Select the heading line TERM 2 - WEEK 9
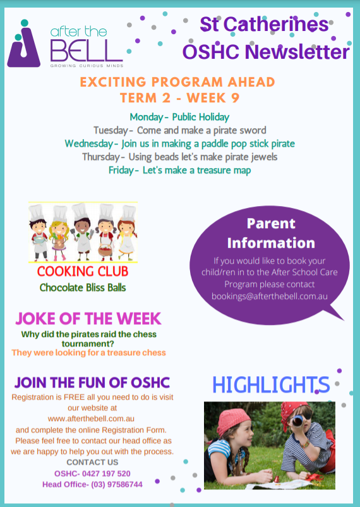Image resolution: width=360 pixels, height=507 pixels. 179,97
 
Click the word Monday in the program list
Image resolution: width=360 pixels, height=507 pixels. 147,117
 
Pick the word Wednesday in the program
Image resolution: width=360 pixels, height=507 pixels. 89,144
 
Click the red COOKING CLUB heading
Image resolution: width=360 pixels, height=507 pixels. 83,271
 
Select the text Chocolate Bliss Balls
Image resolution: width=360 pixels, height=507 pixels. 83,288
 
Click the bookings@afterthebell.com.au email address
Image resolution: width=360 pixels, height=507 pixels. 270,296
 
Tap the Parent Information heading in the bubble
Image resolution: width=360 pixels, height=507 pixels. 271,233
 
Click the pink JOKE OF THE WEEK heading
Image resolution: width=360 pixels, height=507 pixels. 88,319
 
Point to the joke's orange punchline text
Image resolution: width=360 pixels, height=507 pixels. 88,353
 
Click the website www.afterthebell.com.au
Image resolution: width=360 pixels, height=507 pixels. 91,418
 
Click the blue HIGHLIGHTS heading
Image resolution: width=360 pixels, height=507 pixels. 271,385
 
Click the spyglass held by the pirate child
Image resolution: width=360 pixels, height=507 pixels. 298,421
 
